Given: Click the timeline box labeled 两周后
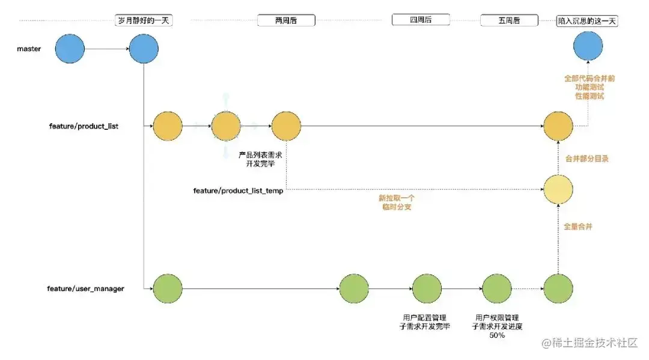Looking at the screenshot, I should tap(286, 20).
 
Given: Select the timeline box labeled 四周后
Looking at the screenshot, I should tap(421, 20).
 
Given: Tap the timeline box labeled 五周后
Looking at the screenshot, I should tap(509, 20).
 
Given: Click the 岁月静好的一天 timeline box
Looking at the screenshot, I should tap(144, 20).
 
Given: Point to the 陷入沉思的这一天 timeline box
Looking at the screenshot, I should tap(588, 20).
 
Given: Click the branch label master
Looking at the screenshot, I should tap(29, 49).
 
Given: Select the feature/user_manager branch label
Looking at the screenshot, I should tap(86, 288).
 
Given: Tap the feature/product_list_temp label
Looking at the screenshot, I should tap(238, 191).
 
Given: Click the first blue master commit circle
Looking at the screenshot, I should tap(70, 49).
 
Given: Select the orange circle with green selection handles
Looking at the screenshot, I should tap(226, 126).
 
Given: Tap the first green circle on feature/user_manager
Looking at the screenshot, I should tap(168, 288).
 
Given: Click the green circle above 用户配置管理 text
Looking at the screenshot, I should tap(427, 288).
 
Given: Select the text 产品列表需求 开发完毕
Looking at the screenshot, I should tap(261, 159).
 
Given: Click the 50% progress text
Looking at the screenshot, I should tap(496, 335).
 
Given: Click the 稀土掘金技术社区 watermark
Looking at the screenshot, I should tap(590, 343).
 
